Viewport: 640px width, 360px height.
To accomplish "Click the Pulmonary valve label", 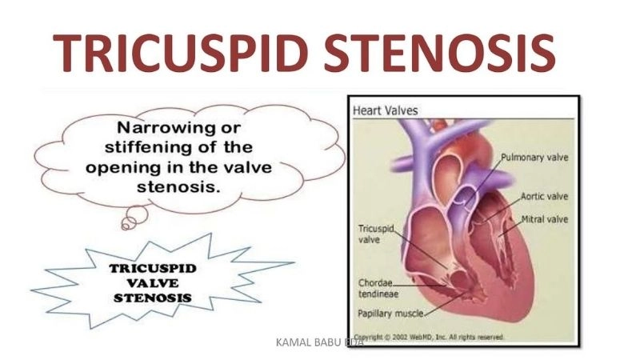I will click(534, 157).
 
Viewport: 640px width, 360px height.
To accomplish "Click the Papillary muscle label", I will click(387, 313).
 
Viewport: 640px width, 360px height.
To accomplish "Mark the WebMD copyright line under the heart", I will click(428, 337).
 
